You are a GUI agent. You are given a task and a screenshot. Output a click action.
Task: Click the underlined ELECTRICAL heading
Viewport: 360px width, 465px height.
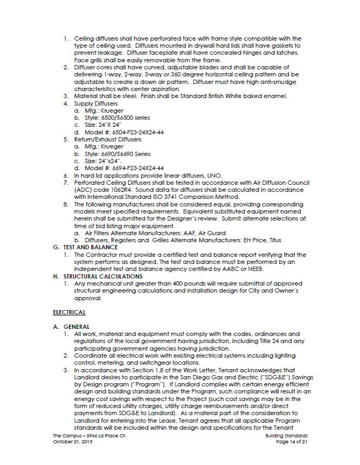tap(69, 312)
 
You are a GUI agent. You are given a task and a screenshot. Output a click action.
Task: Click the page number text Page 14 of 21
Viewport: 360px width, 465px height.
tap(292, 443)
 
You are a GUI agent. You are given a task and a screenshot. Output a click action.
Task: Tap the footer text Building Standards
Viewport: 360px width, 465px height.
tap(287, 436)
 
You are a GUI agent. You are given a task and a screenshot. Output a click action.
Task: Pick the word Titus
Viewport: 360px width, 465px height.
tap(275, 240)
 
